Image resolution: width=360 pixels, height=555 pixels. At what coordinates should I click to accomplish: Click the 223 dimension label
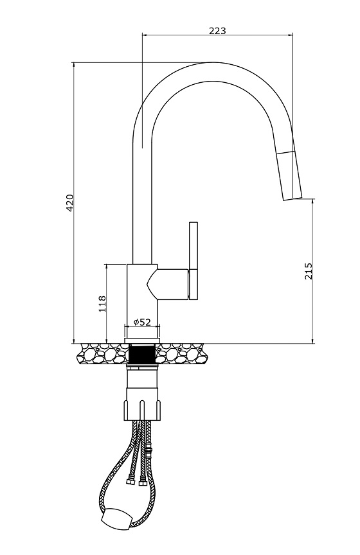click(217, 30)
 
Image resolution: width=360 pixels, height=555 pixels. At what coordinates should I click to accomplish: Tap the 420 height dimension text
click(70, 202)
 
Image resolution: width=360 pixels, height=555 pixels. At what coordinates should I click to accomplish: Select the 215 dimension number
click(309, 271)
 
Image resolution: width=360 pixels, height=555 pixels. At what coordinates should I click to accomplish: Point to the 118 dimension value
click(102, 303)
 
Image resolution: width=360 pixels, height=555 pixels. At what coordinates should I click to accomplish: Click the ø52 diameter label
click(142, 322)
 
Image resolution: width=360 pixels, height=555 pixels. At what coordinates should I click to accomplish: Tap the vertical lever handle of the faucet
click(194, 261)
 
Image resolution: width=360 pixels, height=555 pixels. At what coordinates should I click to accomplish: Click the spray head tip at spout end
click(292, 197)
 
